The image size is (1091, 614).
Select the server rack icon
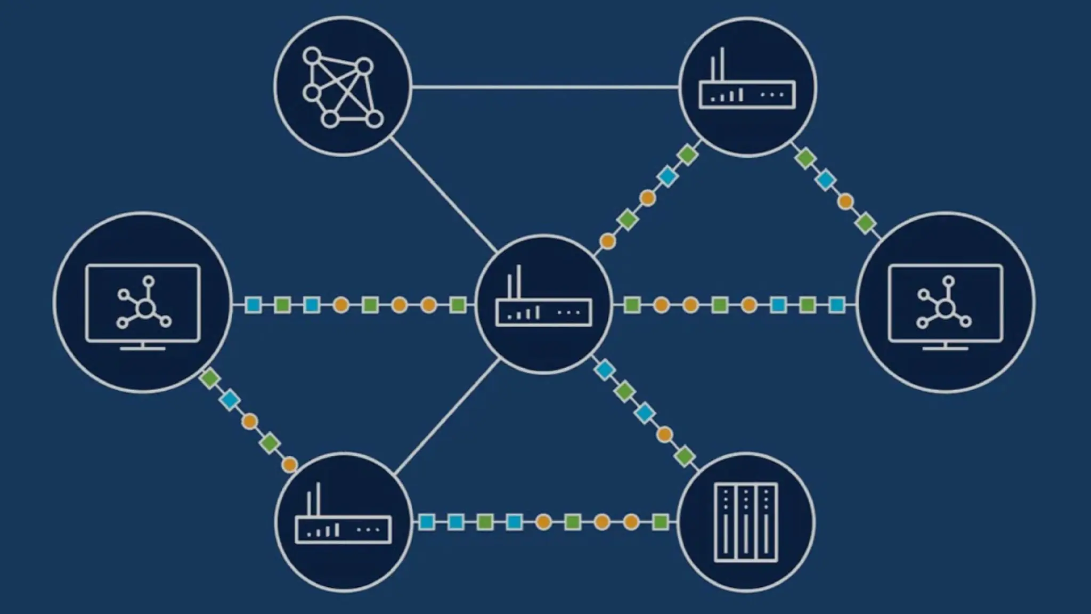[746, 522]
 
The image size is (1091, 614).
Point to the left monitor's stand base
[143, 349]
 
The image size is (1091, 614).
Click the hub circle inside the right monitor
[945, 308]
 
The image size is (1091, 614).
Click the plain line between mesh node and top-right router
[543, 87]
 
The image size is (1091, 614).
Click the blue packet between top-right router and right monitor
[825, 180]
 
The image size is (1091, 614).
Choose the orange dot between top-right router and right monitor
[845, 202]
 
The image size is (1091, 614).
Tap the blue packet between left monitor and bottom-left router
[230, 400]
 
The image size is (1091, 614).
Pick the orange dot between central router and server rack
[664, 434]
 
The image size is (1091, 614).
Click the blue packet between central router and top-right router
[667, 176]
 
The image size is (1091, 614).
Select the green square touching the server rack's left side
[661, 522]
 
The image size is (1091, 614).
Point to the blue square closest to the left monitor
[254, 305]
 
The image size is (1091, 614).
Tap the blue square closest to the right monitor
[837, 305]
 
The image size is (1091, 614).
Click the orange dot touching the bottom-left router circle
[290, 464]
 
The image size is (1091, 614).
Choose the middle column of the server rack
[746, 522]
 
